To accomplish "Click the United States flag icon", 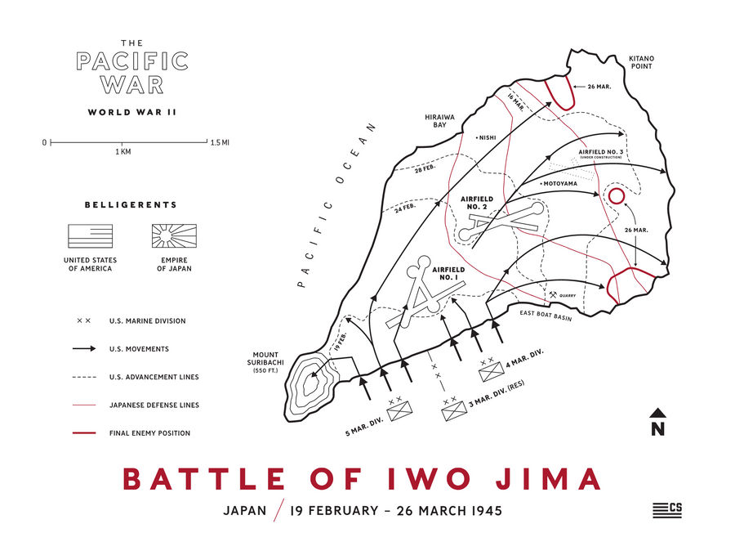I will click(90, 236).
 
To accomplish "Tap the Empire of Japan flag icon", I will click(174, 236).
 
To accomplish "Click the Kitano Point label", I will click(641, 64).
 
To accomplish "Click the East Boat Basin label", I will click(546, 313).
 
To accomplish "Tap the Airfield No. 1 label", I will click(448, 273).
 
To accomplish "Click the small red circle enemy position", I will click(616, 196).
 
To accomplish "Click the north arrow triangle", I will click(657, 413).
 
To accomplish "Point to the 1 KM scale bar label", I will click(122, 152).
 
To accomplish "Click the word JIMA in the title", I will click(539, 478).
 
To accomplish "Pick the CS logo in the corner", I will click(667, 508).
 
